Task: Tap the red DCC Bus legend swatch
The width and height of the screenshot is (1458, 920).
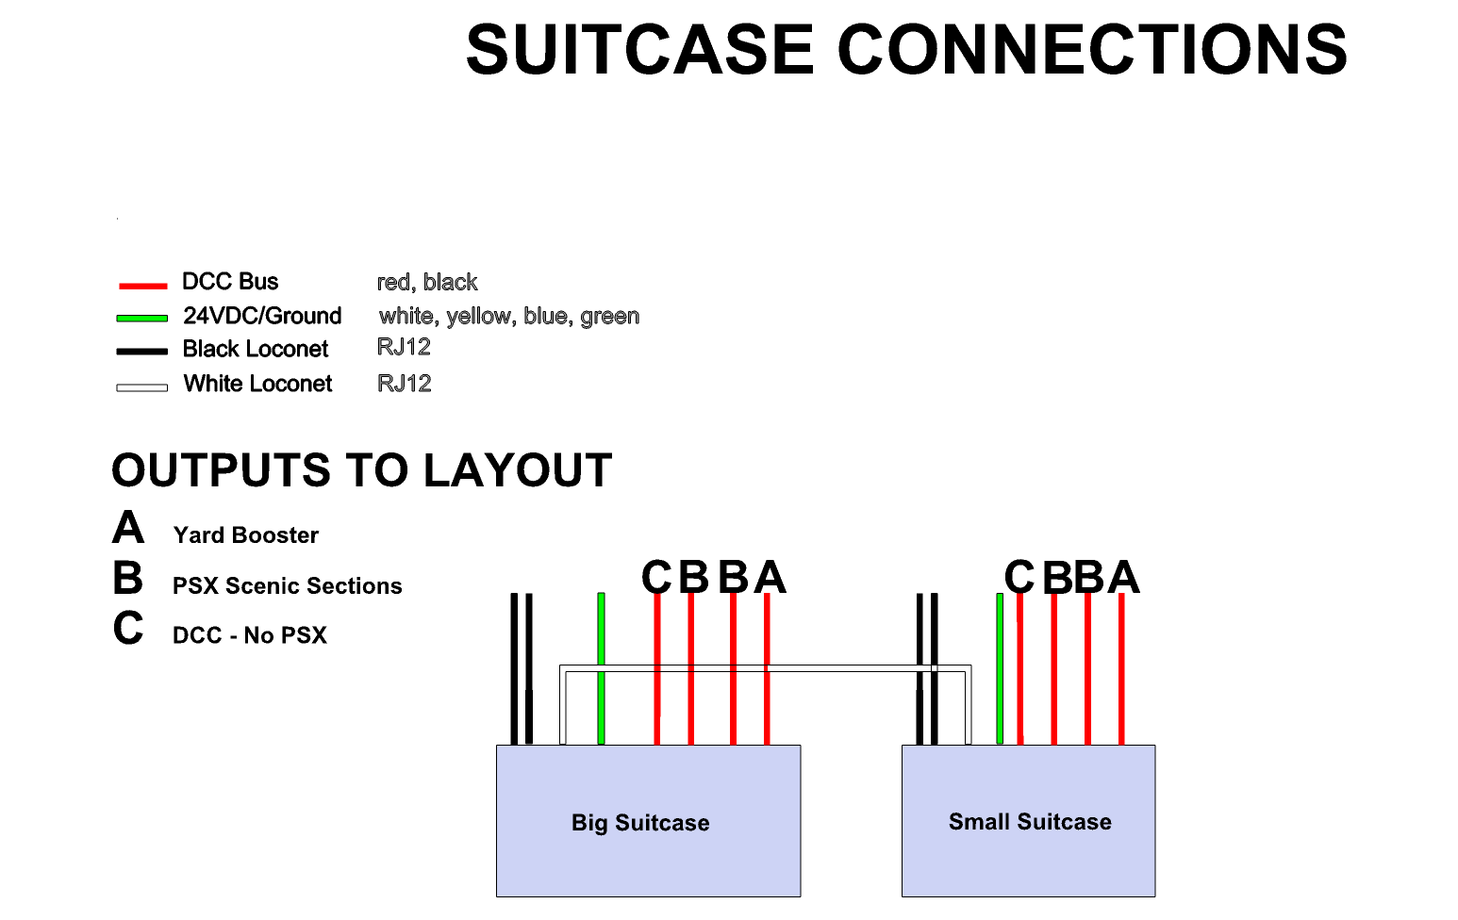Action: (142, 285)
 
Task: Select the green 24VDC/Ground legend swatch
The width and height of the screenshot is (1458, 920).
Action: (142, 319)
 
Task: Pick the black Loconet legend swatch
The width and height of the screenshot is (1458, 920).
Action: (142, 352)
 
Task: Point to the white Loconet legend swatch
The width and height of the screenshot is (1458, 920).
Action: (142, 387)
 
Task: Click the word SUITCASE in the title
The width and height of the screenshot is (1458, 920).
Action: (639, 50)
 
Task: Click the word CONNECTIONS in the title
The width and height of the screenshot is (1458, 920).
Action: (1092, 50)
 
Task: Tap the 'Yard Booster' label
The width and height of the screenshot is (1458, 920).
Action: (245, 535)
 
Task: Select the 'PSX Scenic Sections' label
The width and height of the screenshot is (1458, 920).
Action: (287, 586)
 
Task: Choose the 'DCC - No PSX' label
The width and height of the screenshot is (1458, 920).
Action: (249, 635)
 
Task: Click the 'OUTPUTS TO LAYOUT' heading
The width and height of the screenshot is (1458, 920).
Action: (361, 470)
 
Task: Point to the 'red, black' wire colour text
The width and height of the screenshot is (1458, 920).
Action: (426, 282)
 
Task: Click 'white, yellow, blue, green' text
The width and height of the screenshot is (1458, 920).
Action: (508, 316)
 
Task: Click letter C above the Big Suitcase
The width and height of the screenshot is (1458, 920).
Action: (656, 577)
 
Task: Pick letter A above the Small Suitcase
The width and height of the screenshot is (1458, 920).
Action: (1123, 577)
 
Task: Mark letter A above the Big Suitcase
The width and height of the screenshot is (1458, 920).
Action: (770, 577)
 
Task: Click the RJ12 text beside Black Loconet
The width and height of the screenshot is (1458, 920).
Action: (404, 347)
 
